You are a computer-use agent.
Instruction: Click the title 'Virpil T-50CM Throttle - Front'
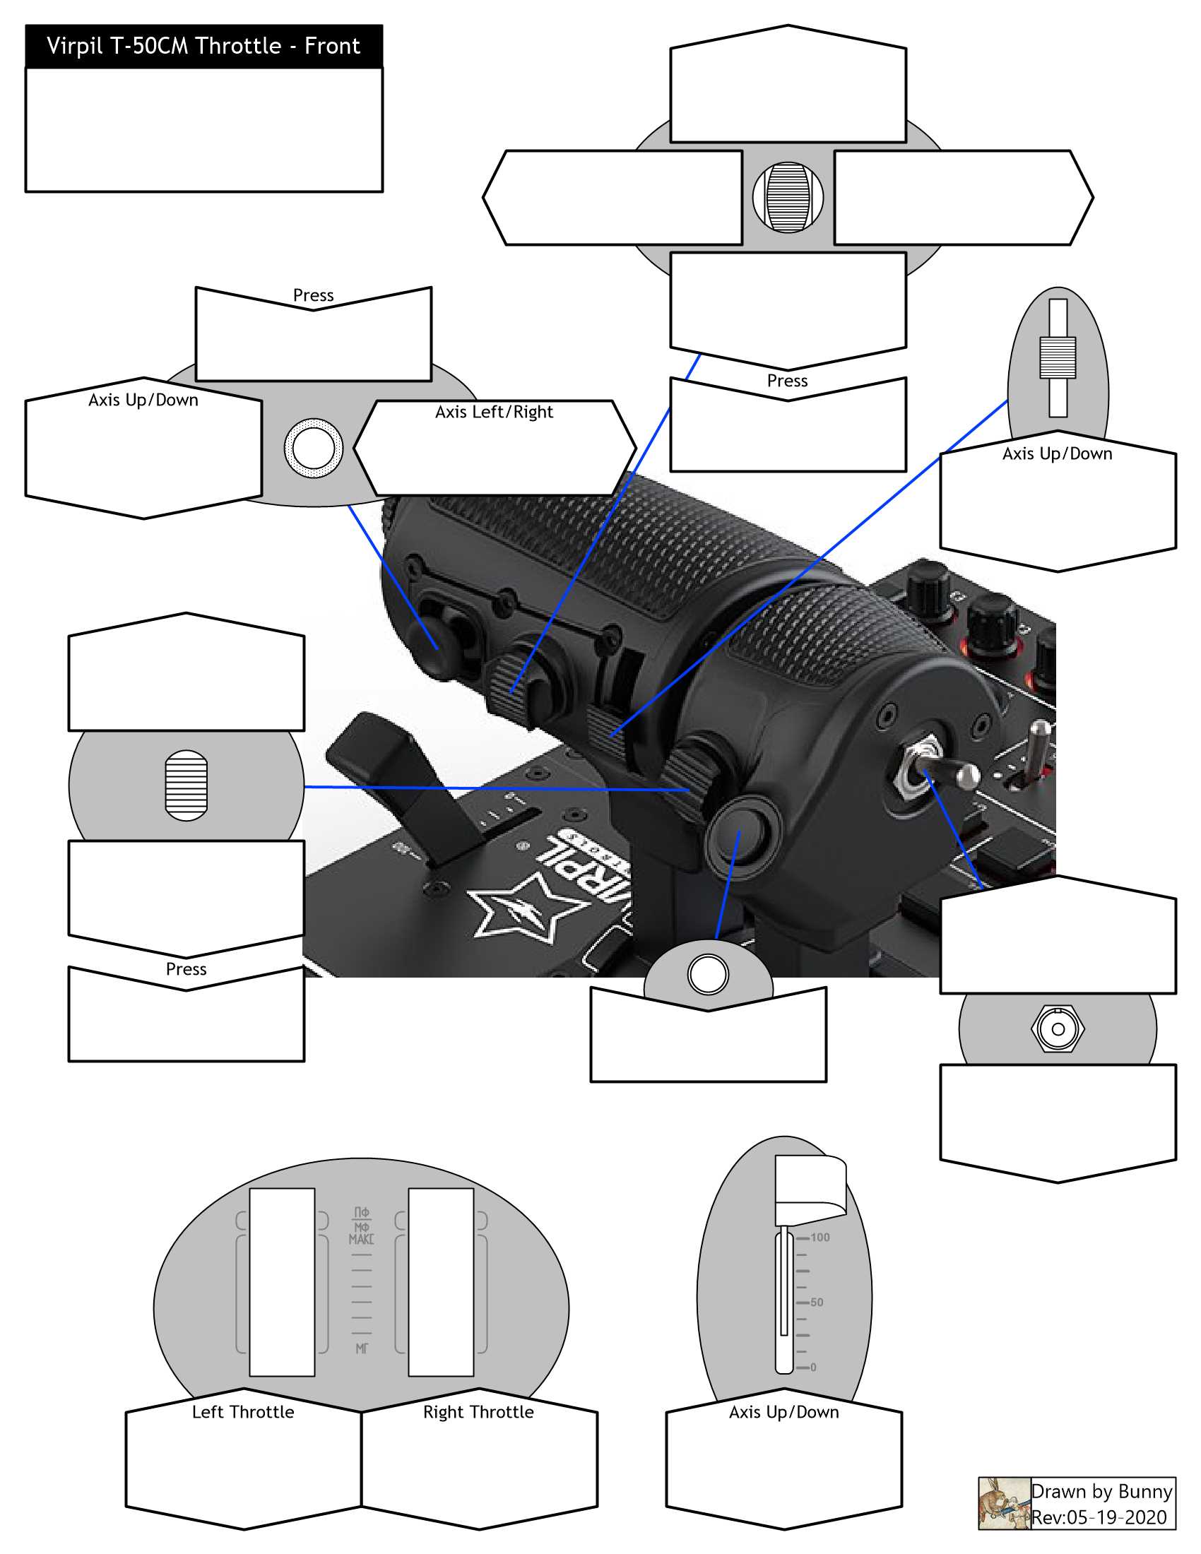pos(203,46)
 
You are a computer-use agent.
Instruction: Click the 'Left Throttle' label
pos(242,1412)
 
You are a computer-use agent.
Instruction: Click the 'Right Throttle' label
pos(478,1412)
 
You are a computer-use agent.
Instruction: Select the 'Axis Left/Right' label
pos(494,412)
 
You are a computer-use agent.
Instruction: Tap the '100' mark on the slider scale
pos(820,1238)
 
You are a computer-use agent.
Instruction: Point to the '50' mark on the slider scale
pos(816,1302)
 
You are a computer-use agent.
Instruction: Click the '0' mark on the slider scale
pos(813,1367)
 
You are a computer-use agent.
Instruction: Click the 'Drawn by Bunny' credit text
pos(1101,1491)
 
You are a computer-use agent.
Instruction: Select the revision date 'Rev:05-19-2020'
pos(1099,1517)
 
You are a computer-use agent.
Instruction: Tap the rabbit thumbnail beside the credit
pos(1004,1502)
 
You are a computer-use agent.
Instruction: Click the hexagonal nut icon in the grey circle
pos(1058,1029)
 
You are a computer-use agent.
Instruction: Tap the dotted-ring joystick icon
pos(313,449)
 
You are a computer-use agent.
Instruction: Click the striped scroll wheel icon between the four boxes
pos(788,197)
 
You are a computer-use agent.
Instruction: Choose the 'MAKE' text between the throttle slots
pos(361,1239)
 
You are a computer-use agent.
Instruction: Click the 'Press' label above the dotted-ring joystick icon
pos(313,295)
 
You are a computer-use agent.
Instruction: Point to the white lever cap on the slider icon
pos(810,1190)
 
